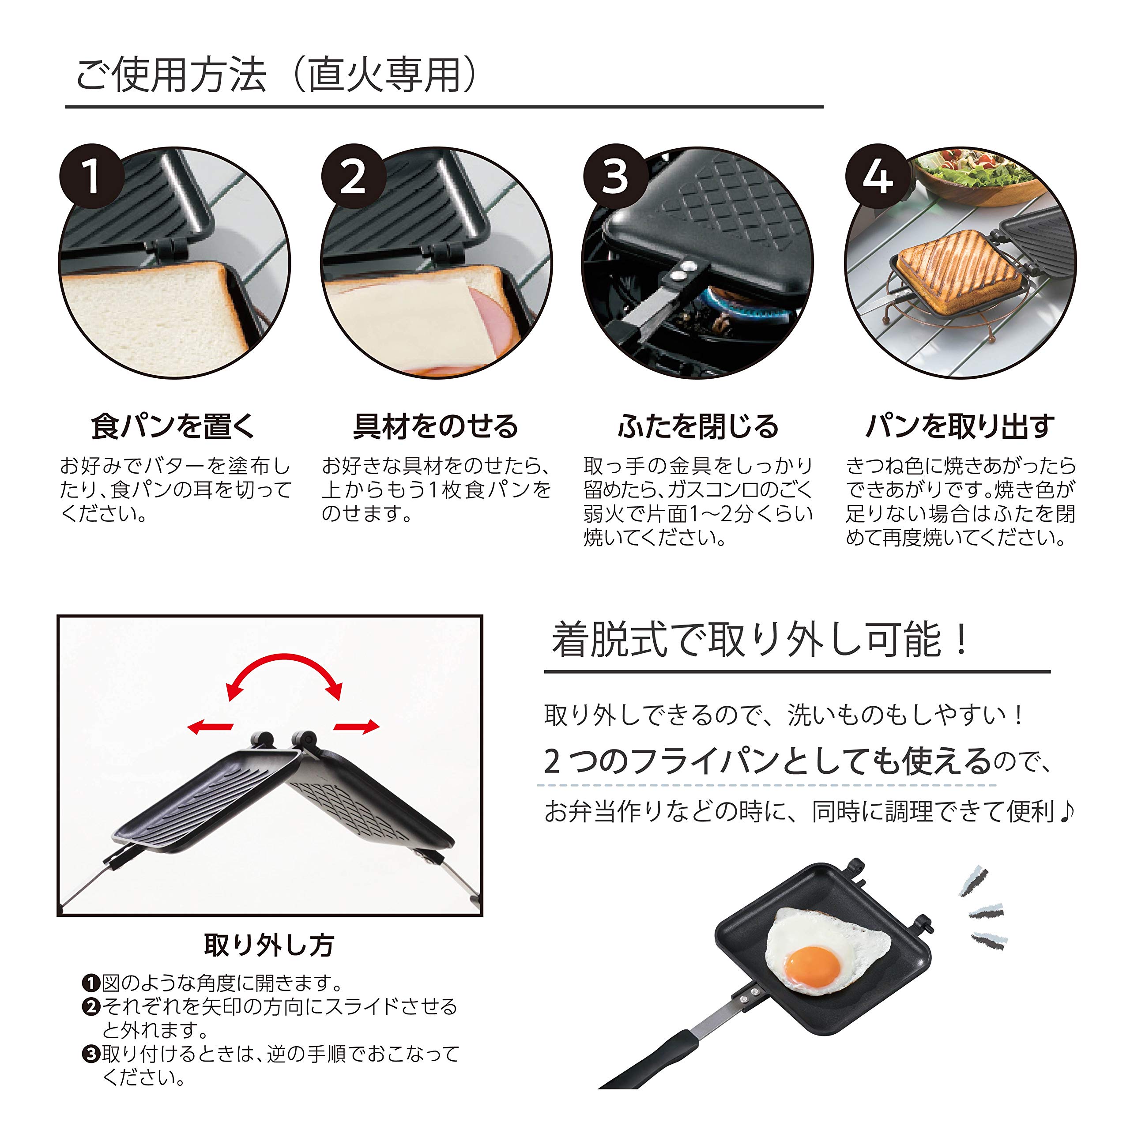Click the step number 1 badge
[91, 177]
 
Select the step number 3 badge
[615, 177]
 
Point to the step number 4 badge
[878, 177]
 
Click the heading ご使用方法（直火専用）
[277, 76]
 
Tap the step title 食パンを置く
[174, 426]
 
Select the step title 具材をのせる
[436, 426]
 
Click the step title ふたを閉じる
[698, 426]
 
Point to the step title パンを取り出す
[960, 426]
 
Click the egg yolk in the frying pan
[812, 965]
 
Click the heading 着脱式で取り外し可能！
[760, 640]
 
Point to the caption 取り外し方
[269, 945]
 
